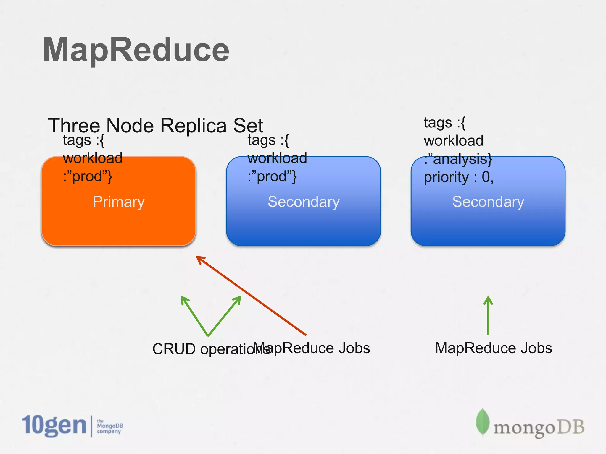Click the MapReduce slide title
[136, 50]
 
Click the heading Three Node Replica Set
[155, 125]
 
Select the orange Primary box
[118, 225]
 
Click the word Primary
[118, 202]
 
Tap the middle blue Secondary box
[303, 225]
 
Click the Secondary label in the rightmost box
[488, 202]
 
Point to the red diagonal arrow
[252, 296]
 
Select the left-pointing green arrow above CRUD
[194, 315]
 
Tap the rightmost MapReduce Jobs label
[493, 348]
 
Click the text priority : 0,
[459, 177]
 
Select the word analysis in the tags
[459, 159]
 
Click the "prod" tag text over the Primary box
[87, 176]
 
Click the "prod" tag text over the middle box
[272, 176]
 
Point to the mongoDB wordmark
[539, 428]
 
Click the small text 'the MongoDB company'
[109, 426]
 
